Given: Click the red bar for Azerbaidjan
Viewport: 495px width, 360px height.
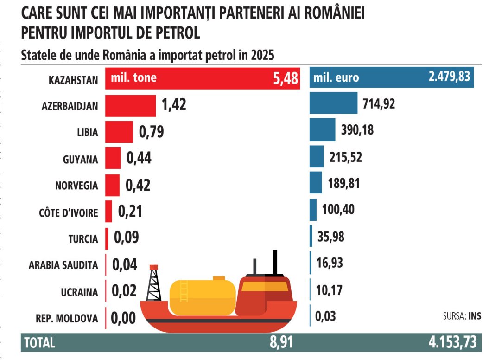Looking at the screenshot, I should coord(130,106).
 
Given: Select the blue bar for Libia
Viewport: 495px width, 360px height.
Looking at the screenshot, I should coord(322,130).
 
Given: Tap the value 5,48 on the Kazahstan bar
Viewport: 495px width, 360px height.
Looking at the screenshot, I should coord(285,78).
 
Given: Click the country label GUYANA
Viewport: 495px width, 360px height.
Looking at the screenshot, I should coord(80,159).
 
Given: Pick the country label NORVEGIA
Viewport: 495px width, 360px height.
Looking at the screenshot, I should coord(76,186).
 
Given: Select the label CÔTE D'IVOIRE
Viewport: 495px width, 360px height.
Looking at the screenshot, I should coord(69,213).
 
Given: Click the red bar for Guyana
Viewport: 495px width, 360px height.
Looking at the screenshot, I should coord(113,158).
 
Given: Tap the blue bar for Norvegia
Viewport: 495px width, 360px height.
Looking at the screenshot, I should coord(316,182).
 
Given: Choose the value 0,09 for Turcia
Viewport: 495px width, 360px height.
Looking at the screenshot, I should coord(126,238).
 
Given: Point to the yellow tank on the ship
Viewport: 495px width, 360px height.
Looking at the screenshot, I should coord(202,296).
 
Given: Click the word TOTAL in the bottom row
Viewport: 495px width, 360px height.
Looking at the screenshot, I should coord(39,343).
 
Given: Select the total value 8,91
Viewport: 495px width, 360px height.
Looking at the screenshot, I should coord(281,343).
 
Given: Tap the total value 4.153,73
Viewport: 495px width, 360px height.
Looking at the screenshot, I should coord(452,343).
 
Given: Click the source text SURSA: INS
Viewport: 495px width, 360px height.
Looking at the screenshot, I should coord(462,316).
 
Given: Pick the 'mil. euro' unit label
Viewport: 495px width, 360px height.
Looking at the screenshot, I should coord(336,77).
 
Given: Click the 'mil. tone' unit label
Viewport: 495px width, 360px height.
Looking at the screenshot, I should coord(133,77).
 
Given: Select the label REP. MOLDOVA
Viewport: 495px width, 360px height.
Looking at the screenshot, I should coord(67,319).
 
